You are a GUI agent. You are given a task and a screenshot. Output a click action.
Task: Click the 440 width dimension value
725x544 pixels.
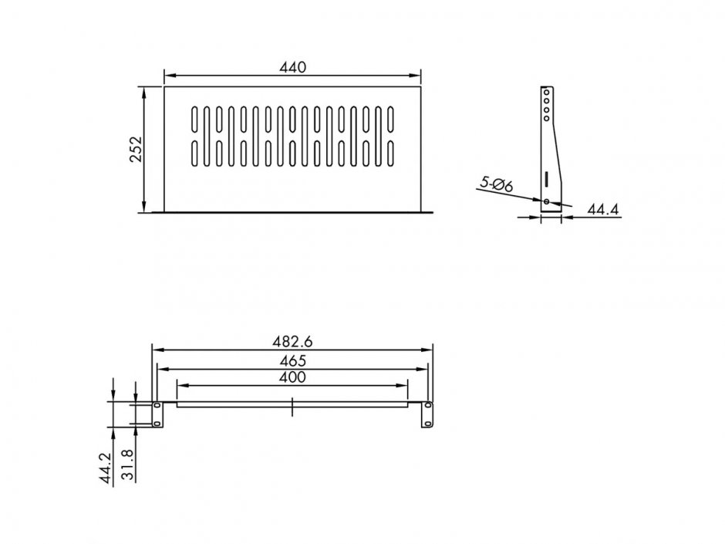pos(293,67)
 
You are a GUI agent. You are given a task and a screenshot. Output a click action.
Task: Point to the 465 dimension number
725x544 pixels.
pos(292,360)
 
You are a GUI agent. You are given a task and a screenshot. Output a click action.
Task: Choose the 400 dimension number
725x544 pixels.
pos(292,377)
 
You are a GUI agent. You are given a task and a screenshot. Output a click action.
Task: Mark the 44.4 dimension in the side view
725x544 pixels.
pos(603,209)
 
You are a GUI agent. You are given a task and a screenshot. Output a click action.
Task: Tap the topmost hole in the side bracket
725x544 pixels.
pos(546,92)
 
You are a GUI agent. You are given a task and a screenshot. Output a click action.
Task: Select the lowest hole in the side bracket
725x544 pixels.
pos(547,201)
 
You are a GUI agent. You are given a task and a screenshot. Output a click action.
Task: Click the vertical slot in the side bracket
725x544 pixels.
pos(546,177)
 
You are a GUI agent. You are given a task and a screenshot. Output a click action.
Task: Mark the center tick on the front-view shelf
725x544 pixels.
pos(292,407)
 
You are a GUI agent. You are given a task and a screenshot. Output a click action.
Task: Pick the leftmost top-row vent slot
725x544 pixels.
pos(192,119)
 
